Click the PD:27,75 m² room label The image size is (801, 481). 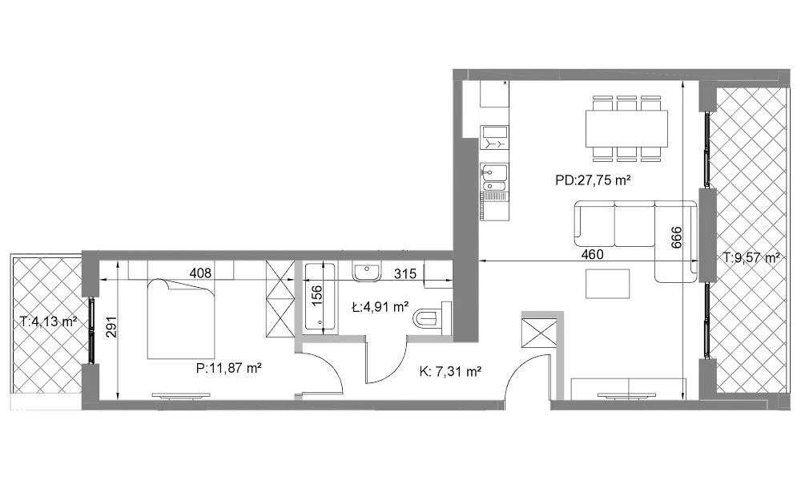click(593, 180)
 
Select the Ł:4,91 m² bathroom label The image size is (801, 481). click(380, 307)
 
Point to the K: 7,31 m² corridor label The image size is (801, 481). click(450, 372)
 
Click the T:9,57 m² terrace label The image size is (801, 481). click(751, 257)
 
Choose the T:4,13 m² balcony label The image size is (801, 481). click(49, 321)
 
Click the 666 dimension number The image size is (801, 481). click(676, 237)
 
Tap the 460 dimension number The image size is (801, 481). click(592, 254)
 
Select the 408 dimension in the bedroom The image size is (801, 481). click(200, 273)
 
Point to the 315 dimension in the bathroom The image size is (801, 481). click(405, 273)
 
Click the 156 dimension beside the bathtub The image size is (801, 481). click(316, 296)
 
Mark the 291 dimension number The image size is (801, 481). click(112, 327)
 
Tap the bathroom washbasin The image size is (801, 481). click(366, 272)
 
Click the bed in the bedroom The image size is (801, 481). click(181, 318)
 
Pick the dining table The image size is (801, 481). click(626, 127)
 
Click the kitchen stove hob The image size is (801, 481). click(494, 138)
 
